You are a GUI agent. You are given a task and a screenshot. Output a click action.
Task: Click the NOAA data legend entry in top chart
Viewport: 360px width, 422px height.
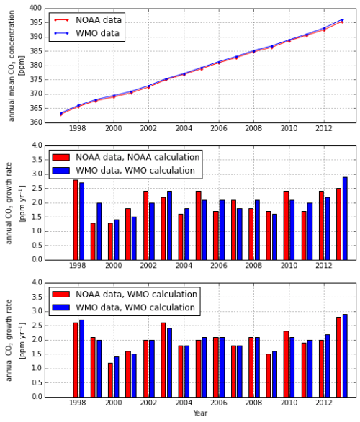point(94,19)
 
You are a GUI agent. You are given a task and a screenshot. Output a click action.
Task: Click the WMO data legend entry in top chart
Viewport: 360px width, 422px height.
point(94,32)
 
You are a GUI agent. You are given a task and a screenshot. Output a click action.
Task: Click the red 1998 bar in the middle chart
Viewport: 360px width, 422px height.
point(76,220)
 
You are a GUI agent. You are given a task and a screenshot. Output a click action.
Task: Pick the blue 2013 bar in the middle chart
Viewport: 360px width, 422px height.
point(345,218)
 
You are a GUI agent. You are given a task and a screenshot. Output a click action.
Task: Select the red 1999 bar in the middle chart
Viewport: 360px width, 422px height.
point(93,241)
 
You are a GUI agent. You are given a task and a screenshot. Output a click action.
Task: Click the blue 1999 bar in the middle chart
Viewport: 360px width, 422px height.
point(99,231)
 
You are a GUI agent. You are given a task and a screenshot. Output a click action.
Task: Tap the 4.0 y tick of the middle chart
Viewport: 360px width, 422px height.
point(36,145)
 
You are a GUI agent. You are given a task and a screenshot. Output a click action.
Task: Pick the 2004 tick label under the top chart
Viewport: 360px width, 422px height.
point(184,129)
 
